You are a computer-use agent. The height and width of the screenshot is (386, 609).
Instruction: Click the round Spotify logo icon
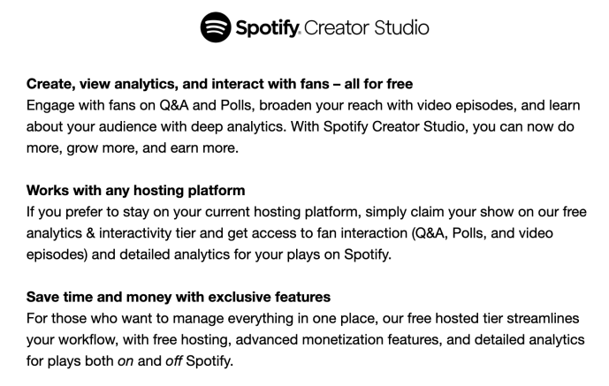point(216,27)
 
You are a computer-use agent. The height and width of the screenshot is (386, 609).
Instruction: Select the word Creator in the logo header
point(337,28)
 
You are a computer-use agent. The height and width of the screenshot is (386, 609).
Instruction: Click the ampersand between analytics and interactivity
point(90,233)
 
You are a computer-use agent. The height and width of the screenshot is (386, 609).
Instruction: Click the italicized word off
point(174,361)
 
